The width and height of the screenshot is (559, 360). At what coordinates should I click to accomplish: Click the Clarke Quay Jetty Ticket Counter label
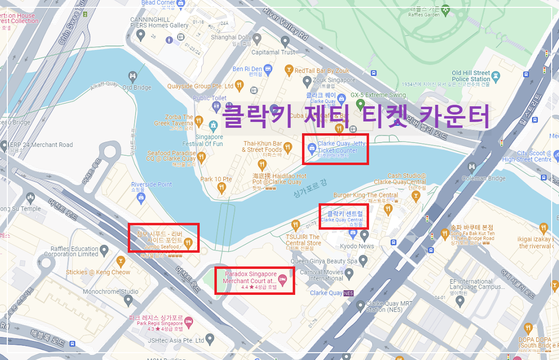pyautogui.click(x=341, y=147)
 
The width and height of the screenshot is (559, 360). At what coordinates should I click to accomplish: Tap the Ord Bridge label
pyautogui.click(x=137, y=88)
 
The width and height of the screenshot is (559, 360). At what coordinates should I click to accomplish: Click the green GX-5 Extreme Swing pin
pyautogui.click(x=360, y=104)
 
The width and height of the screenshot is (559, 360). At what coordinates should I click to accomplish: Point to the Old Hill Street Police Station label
pyautogui.click(x=470, y=76)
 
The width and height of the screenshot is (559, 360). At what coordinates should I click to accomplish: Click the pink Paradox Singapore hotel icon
pyautogui.click(x=282, y=280)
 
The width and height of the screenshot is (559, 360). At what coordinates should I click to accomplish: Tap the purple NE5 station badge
pyautogui.click(x=349, y=293)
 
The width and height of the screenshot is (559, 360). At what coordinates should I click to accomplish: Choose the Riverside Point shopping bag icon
pyautogui.click(x=141, y=197)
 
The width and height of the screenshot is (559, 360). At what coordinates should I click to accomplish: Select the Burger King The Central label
pyautogui.click(x=366, y=195)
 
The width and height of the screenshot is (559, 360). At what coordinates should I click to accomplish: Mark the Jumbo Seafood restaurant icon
pyautogui.click(x=188, y=242)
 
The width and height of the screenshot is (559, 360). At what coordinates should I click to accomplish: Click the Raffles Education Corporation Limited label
pyautogui.click(x=71, y=251)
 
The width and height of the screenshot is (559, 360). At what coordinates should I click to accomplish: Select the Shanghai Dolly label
pyautogui.click(x=231, y=37)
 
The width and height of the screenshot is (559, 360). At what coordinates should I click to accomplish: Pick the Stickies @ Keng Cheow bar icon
pyautogui.click(x=120, y=260)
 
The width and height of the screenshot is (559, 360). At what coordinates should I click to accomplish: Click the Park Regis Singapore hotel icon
pyautogui.click(x=189, y=321)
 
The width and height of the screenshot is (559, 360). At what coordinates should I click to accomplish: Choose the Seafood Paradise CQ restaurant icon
pyautogui.click(x=200, y=157)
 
